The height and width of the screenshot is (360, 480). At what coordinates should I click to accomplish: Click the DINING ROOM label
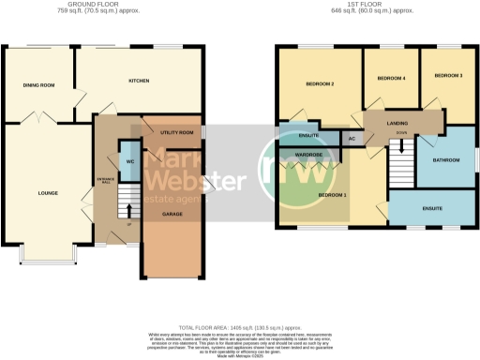38,85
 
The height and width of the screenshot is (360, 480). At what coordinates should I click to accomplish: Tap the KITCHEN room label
140,81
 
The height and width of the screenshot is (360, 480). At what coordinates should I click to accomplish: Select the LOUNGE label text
48,193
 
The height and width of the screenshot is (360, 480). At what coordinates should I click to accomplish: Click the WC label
128,161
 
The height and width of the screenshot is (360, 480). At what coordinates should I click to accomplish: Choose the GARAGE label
172,214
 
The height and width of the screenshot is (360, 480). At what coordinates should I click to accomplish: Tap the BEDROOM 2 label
320,84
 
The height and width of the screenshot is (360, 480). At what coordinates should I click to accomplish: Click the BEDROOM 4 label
391,78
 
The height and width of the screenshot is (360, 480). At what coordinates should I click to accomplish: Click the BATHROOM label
445,160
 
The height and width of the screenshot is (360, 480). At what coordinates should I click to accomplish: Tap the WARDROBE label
308,154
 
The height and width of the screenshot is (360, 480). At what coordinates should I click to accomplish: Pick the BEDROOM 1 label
331,194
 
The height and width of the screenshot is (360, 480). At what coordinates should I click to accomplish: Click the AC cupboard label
352,139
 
